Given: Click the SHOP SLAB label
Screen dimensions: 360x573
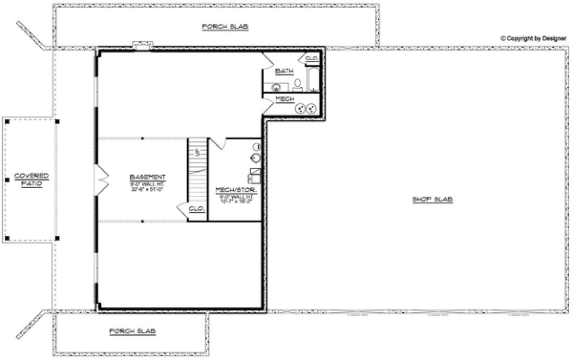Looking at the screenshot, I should (x=432, y=200).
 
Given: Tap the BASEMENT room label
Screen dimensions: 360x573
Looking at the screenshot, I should (x=148, y=177).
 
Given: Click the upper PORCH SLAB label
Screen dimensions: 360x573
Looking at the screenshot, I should (x=225, y=26).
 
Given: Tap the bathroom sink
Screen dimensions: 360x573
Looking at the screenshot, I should (x=277, y=87).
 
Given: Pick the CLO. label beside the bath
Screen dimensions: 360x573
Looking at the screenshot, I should (x=311, y=59).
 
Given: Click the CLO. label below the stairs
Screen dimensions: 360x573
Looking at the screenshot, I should (x=195, y=209).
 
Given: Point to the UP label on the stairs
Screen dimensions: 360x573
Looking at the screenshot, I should (x=198, y=152).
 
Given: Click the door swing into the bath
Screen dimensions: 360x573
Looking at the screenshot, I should (x=268, y=61).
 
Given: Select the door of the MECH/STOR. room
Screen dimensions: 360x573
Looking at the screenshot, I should (x=217, y=144).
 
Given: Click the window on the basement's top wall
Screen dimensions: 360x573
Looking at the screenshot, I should (x=143, y=46).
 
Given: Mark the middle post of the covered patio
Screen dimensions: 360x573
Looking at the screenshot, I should (x=7, y=180).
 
